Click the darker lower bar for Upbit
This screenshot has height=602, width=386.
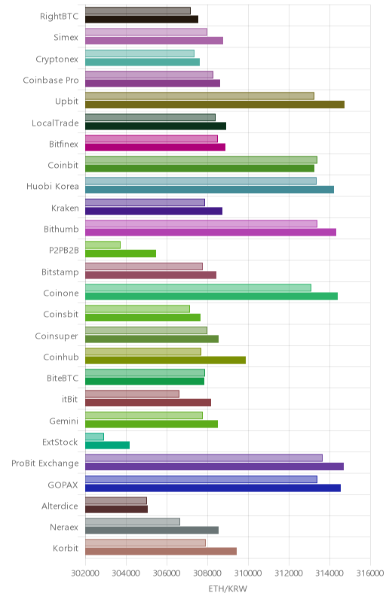(x=215, y=105)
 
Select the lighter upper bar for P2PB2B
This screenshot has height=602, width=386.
(x=103, y=245)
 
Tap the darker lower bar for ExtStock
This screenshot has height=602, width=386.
(x=107, y=445)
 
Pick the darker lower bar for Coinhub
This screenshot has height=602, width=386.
(x=165, y=360)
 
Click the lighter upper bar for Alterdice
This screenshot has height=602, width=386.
(x=116, y=500)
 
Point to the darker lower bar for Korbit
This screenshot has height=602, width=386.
(x=161, y=552)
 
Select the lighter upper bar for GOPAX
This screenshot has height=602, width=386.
(x=201, y=479)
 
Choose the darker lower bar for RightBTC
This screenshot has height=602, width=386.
(x=142, y=20)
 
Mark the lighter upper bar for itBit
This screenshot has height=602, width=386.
(x=132, y=394)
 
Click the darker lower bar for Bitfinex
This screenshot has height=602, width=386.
(x=155, y=147)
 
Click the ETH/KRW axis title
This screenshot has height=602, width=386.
(x=228, y=588)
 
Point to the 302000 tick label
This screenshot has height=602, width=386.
(x=85, y=573)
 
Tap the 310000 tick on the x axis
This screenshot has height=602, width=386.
(x=248, y=573)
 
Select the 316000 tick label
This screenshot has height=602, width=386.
(x=370, y=573)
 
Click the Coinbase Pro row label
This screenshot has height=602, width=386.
(x=51, y=81)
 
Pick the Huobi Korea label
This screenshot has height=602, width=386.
(x=53, y=186)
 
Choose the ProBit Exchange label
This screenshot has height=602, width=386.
(x=45, y=464)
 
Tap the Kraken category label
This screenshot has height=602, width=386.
(x=65, y=208)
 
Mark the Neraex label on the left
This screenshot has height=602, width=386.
(x=64, y=528)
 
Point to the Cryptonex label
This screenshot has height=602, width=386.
(x=57, y=59)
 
